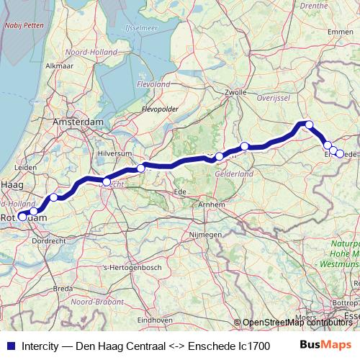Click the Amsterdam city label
click(78, 123)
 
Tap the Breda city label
click(63, 289)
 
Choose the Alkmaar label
click(59, 66)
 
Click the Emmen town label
click(340, 32)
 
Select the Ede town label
click(181, 192)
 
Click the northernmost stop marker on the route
click(310, 125)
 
